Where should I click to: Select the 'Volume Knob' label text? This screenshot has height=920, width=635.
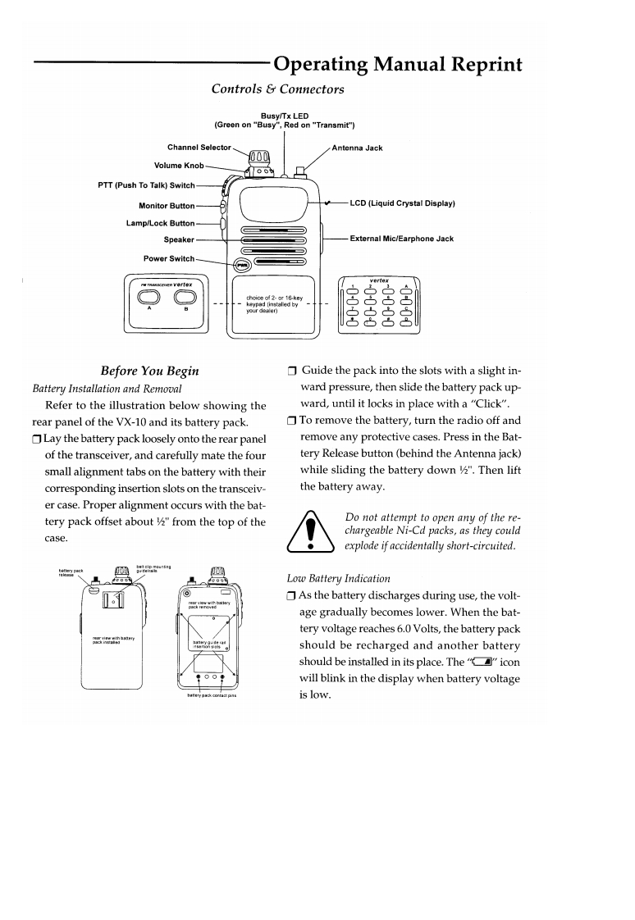pyautogui.click(x=180, y=165)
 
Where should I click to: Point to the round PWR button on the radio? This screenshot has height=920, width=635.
pyautogui.click(x=242, y=265)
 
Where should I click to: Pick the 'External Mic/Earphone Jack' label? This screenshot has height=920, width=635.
pyautogui.click(x=401, y=239)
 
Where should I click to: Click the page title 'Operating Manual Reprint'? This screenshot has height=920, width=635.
pyautogui.click(x=398, y=64)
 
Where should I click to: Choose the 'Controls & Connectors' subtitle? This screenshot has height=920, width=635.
pyautogui.click(x=277, y=89)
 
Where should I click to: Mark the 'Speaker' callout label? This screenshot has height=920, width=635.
pyautogui.click(x=178, y=239)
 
